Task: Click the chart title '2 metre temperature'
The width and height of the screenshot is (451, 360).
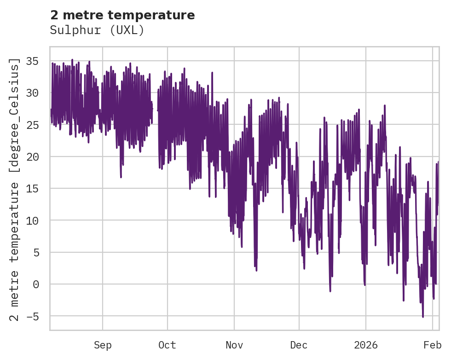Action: point(122,15)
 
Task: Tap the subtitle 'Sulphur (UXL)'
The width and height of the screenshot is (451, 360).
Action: point(97,30)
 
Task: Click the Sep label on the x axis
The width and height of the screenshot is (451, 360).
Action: point(103,345)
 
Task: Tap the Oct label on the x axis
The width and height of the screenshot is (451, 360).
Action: point(168,345)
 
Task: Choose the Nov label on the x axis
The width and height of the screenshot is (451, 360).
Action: point(234,345)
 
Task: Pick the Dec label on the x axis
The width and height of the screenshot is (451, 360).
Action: point(299,345)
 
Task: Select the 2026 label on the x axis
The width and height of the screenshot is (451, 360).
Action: point(366,345)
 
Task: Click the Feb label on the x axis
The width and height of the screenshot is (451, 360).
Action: point(433,345)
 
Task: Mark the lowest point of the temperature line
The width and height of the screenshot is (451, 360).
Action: point(423,317)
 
